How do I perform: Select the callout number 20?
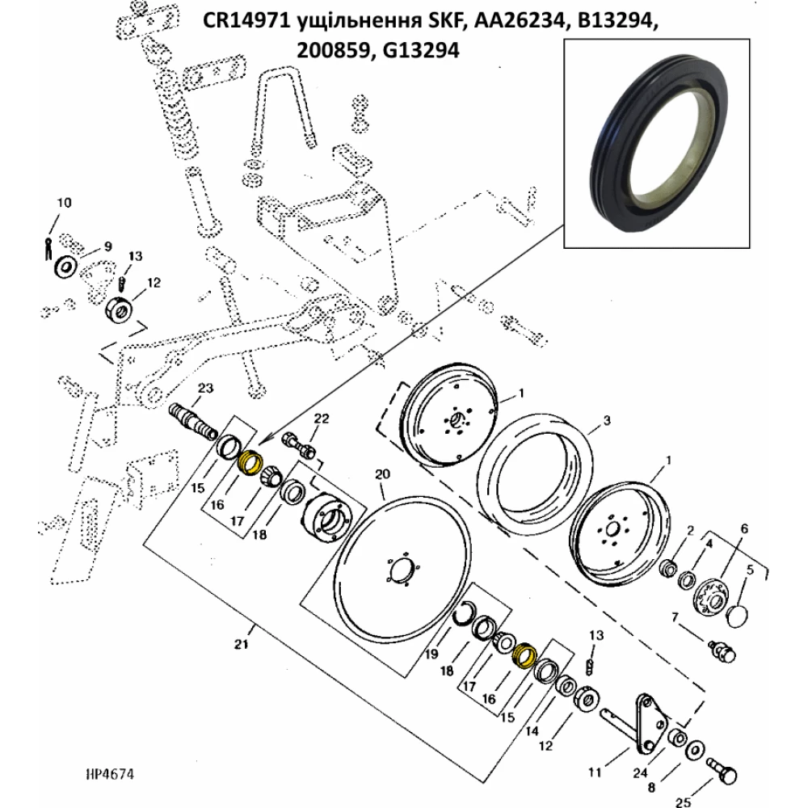pyautogui.click(x=382, y=473)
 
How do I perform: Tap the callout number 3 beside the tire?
pyautogui.click(x=607, y=421)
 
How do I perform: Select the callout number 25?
pyautogui.click(x=682, y=802)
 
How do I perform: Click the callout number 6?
pyautogui.click(x=745, y=528)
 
